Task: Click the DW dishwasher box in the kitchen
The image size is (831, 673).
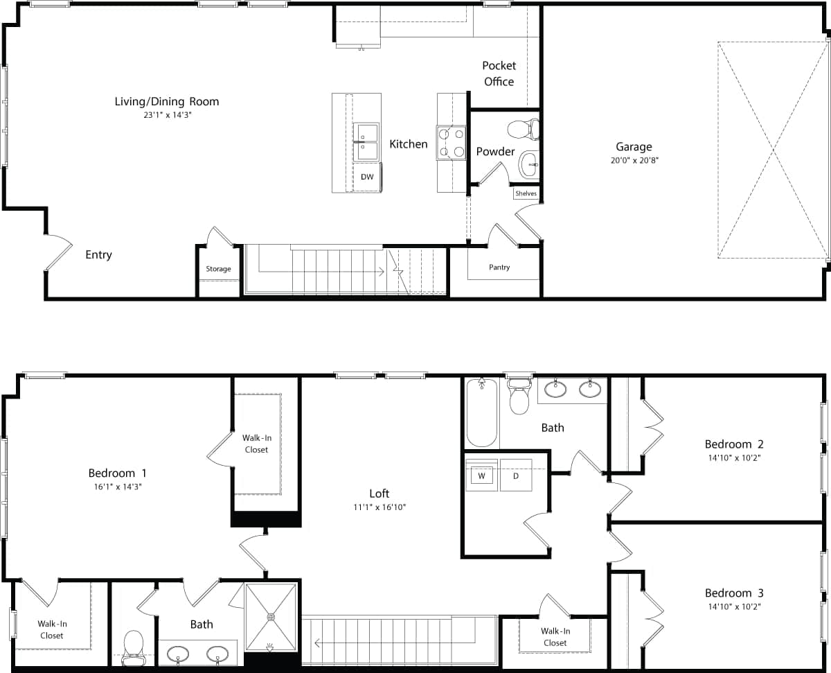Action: [367, 177]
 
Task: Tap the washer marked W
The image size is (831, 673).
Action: [481, 476]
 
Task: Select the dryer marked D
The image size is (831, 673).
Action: [516, 476]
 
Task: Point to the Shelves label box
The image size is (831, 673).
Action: [526, 193]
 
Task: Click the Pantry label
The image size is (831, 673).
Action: [499, 267]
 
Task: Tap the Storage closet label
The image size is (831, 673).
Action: [218, 269]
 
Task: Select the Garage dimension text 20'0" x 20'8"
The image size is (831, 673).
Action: [634, 160]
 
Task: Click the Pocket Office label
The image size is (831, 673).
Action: [499, 73]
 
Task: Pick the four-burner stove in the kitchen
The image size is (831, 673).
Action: [451, 143]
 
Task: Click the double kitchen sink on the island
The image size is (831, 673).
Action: [366, 141]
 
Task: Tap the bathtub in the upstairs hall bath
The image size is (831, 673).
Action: [482, 413]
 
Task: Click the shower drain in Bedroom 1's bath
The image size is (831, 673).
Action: [271, 616]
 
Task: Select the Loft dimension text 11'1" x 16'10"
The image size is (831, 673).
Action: [379, 507]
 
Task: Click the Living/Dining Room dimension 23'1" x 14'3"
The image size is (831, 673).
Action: [166, 115]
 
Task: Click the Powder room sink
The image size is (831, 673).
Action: [529, 164]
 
